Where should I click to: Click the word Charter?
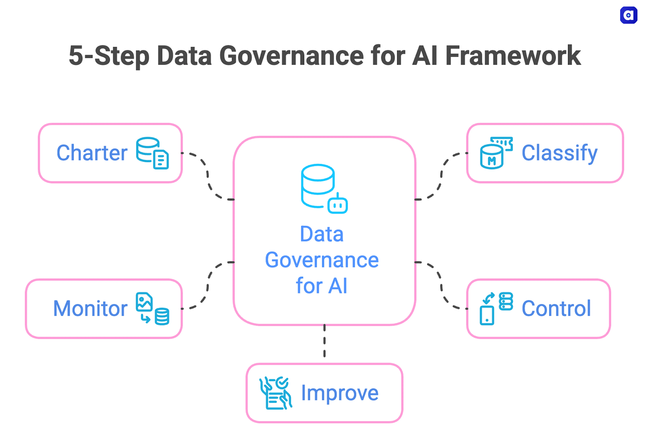(92, 153)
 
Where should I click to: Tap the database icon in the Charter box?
(152, 153)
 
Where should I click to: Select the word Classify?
(559, 153)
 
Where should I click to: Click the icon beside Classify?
(496, 153)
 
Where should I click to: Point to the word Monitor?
(90, 308)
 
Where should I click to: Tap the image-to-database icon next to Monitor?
(152, 308)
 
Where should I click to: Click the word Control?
(556, 308)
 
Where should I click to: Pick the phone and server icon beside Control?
(496, 308)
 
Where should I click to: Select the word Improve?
(340, 393)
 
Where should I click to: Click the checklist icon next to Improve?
(275, 393)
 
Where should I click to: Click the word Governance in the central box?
(322, 260)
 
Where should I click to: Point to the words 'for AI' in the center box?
(322, 286)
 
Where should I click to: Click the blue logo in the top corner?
(628, 15)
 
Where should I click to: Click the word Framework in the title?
(513, 56)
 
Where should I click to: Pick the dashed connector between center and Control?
(441, 286)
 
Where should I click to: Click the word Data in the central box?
(322, 234)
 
